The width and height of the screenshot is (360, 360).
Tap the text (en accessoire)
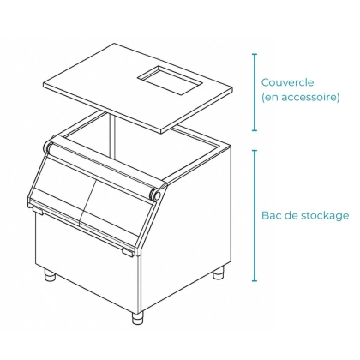click(x=301, y=98)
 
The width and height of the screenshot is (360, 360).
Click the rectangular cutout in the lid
click(x=171, y=80)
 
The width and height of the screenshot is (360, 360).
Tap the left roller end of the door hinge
click(x=48, y=147)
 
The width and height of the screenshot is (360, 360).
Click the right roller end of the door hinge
click(x=156, y=195)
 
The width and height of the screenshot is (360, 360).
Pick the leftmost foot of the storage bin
click(x=51, y=276)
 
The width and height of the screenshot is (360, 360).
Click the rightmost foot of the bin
click(x=218, y=273)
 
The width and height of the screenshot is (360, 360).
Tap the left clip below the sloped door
click(x=38, y=210)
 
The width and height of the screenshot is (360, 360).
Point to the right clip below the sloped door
click(x=128, y=253)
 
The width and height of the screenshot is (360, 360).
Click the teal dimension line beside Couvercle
click(x=255, y=93)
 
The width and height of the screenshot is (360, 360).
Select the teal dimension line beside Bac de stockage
click(x=255, y=215)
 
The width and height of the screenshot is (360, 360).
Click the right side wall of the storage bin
click(x=186, y=229)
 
